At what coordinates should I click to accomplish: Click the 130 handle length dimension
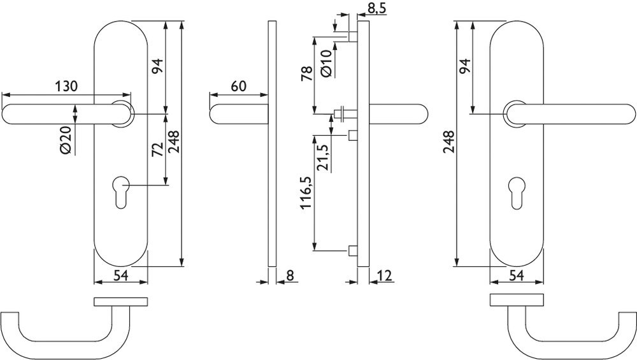tap(66, 86)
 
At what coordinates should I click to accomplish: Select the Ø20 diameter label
tap(66, 140)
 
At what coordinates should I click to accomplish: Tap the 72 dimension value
tap(157, 149)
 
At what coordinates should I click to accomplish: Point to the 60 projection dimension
tap(239, 86)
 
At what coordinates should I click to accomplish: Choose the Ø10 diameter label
tap(327, 63)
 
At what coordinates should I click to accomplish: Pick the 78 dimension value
tap(307, 74)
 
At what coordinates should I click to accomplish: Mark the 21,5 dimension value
tap(324, 157)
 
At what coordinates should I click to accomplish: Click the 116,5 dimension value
tap(306, 192)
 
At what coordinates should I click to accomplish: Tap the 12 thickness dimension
tap(384, 275)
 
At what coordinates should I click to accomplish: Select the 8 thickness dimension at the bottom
tap(290, 275)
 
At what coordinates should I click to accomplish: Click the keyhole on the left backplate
tap(121, 192)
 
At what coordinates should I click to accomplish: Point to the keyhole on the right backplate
tap(517, 192)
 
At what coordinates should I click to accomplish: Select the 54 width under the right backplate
tap(516, 275)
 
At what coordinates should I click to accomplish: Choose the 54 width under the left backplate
tap(120, 275)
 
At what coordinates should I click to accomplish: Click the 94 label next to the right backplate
tap(464, 66)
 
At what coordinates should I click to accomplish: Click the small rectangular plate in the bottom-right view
tap(517, 300)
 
